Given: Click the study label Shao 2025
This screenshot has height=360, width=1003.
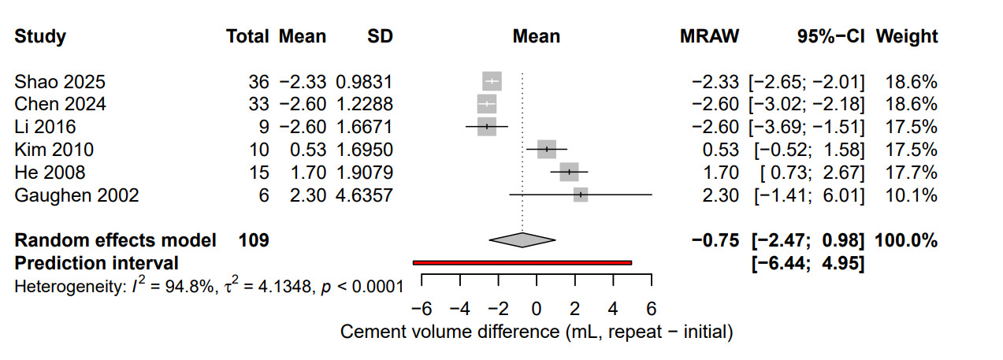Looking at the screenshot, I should [x=60, y=82].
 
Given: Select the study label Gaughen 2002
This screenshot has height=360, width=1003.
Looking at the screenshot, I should [x=76, y=195].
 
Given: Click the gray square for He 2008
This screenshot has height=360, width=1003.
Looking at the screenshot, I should [x=569, y=173].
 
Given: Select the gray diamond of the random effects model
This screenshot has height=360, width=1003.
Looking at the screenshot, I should [x=522, y=240].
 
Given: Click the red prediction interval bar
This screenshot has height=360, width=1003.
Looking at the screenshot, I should [x=522, y=262].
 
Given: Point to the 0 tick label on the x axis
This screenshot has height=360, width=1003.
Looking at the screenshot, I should [x=537, y=306].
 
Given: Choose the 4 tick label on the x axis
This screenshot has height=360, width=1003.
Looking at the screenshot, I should [x=613, y=306].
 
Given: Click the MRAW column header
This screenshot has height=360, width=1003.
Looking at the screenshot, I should [x=709, y=37].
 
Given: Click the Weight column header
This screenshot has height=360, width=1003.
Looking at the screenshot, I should [x=907, y=37].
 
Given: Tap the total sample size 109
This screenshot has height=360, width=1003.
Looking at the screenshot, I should [x=254, y=240].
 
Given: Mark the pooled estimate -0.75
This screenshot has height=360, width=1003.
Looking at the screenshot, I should [x=715, y=240].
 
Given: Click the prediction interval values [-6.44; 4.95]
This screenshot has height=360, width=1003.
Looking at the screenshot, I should [x=809, y=262].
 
